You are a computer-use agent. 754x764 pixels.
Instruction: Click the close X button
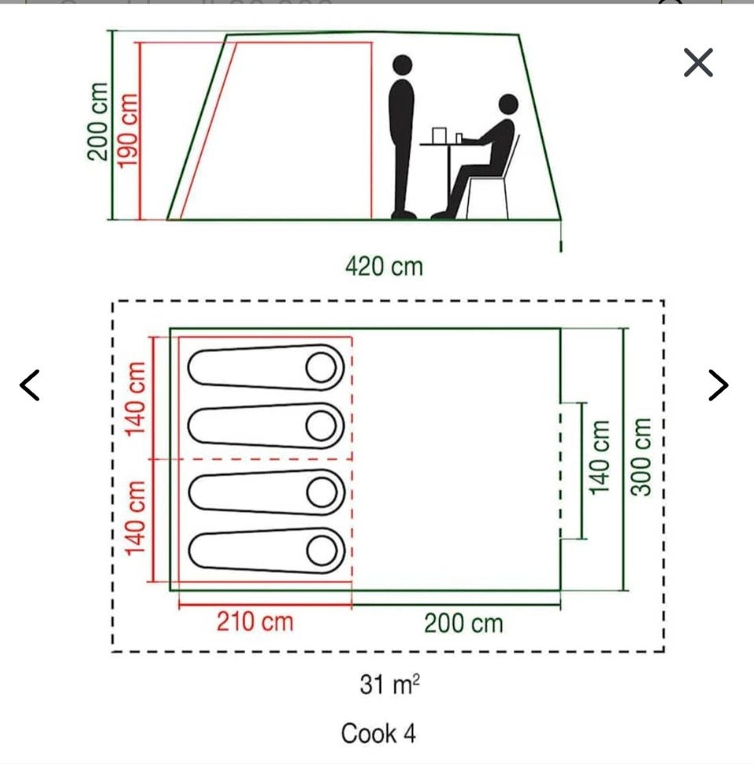pos(698,62)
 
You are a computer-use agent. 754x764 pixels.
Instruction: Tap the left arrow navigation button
pos(30,385)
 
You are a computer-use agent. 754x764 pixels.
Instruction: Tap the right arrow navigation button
pos(719,385)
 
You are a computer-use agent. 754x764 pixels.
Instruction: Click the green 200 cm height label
pos(97,122)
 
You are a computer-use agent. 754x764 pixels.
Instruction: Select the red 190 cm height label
pos(128,130)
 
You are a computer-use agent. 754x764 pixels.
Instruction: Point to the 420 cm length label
pos(384,266)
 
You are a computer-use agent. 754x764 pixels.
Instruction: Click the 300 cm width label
pos(641,456)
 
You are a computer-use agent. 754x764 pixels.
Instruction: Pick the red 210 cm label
pos(255,622)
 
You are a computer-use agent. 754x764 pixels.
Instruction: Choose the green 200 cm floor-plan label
pos(463,623)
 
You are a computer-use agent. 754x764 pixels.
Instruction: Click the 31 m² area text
pos(390,684)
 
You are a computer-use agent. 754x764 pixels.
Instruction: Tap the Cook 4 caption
pos(379,733)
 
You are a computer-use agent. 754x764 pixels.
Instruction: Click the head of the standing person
pos(402,65)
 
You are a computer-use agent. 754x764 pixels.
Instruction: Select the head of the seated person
pos(508,104)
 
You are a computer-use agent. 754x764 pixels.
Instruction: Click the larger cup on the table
pos(439,136)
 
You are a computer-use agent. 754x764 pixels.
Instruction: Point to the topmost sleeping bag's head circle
pos(321,367)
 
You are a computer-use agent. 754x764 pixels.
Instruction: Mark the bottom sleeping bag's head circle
pos(322,550)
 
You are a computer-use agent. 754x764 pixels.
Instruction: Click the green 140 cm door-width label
pos(599,457)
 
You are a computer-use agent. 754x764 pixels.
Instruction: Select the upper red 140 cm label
pos(136,399)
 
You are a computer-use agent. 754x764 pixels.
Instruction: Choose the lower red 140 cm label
pos(136,517)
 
